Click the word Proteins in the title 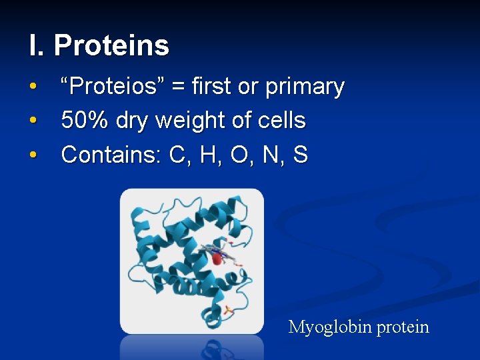tap(111, 45)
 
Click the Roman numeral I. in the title tap(36, 45)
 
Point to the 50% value tap(85, 121)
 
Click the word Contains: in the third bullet tap(111, 155)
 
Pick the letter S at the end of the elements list tap(300, 155)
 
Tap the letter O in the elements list tap(237, 155)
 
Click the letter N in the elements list tap(269, 155)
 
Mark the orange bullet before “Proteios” tap(33, 87)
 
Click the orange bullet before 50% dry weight tap(33, 121)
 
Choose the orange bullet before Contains tap(33, 155)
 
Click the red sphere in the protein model tap(216, 257)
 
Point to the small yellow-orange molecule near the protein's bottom tap(228, 311)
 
